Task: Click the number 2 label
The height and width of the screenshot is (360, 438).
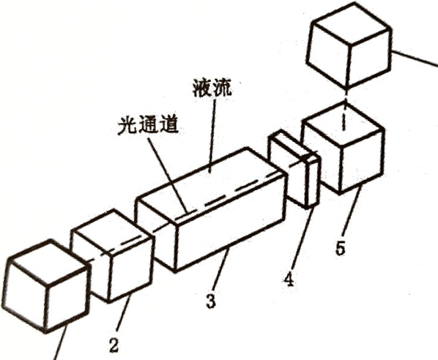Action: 114,346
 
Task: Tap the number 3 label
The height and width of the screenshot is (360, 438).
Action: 211,301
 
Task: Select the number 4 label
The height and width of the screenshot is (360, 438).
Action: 289,280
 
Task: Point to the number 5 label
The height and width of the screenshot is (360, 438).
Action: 341,248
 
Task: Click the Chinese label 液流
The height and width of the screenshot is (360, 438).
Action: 212,89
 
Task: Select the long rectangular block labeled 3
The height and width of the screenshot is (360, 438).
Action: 211,210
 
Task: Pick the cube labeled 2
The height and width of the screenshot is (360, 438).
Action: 112,256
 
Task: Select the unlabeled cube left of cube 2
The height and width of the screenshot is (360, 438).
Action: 46,286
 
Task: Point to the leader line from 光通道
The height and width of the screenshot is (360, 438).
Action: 167,175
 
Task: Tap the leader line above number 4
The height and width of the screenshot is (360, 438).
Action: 302,239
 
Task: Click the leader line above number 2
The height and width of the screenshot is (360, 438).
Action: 123,315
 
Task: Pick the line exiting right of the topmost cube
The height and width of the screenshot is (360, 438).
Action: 415,59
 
